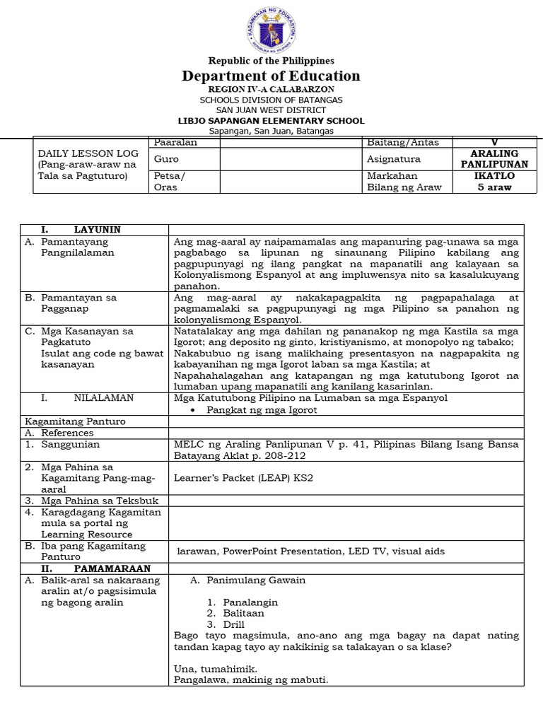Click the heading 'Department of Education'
[x=271, y=76]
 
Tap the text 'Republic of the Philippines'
[x=271, y=61]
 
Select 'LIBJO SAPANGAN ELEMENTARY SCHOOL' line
[x=271, y=121]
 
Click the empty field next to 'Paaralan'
[x=290, y=142]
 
